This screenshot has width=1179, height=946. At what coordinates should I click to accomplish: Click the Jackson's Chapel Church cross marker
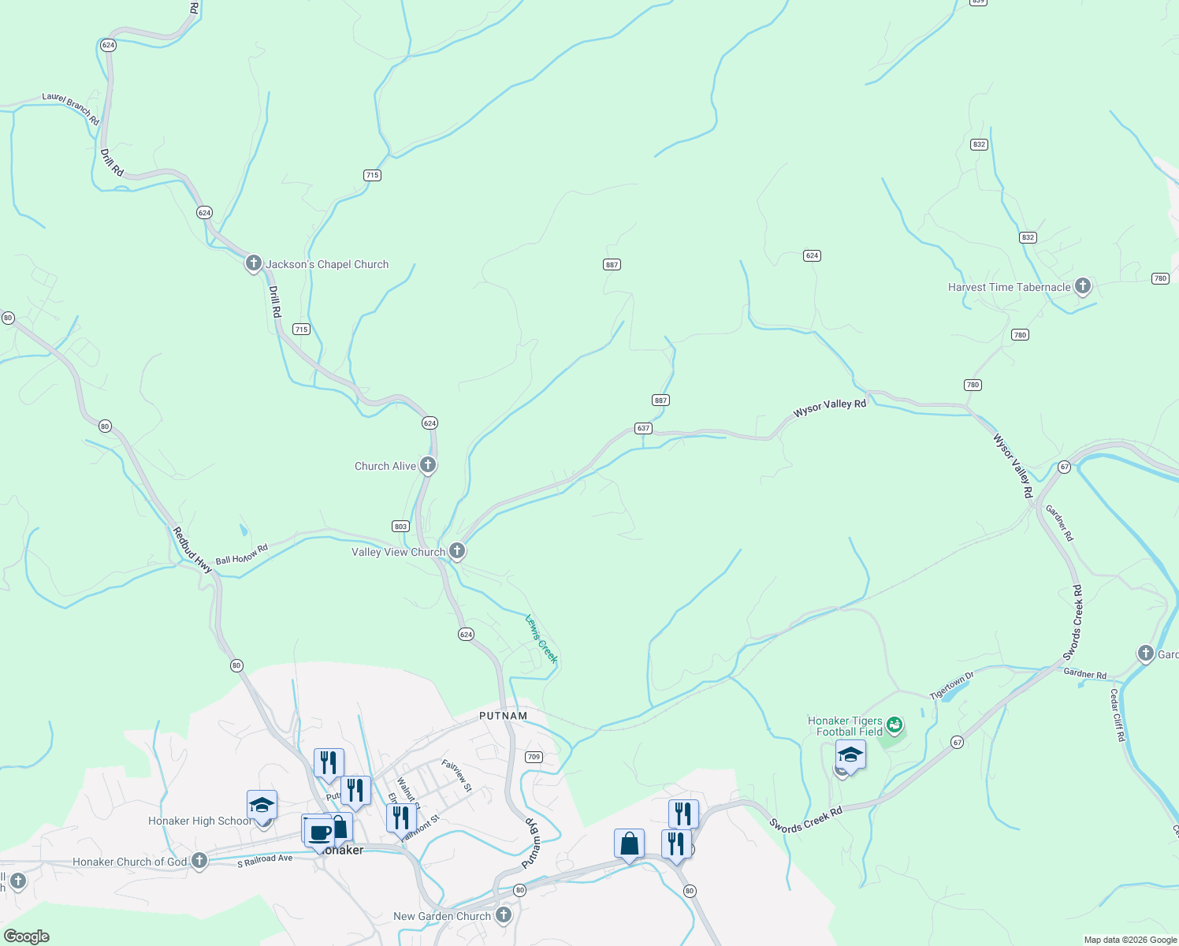tap(253, 263)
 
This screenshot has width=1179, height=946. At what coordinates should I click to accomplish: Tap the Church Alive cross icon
tap(428, 465)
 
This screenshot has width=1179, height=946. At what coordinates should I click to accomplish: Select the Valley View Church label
tap(398, 552)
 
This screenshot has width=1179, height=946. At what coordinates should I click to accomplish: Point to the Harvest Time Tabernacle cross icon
tap(1083, 286)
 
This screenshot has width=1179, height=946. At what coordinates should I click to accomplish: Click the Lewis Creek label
tap(541, 639)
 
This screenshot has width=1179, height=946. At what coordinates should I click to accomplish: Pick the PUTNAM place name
tap(503, 716)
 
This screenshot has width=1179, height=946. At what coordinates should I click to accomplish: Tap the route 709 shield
tap(534, 757)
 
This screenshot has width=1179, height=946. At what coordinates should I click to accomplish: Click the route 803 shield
tap(400, 526)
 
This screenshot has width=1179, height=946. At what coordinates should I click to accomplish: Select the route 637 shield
tap(643, 428)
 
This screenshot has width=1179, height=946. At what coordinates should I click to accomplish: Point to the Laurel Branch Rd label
tap(71, 109)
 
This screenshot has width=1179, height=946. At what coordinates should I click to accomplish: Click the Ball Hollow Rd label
tap(242, 554)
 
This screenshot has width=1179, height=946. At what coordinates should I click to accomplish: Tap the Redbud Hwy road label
tap(192, 549)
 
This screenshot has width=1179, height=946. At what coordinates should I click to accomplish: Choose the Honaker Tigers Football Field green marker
tap(894, 724)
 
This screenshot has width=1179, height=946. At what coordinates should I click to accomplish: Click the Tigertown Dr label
tap(951, 686)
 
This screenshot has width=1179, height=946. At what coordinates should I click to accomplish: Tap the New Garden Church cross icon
tap(504, 915)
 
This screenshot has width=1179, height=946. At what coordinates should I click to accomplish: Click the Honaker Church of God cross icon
tap(199, 861)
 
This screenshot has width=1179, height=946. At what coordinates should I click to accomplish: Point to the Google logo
tap(26, 937)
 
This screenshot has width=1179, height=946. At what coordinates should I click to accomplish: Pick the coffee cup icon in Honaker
tap(320, 832)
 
